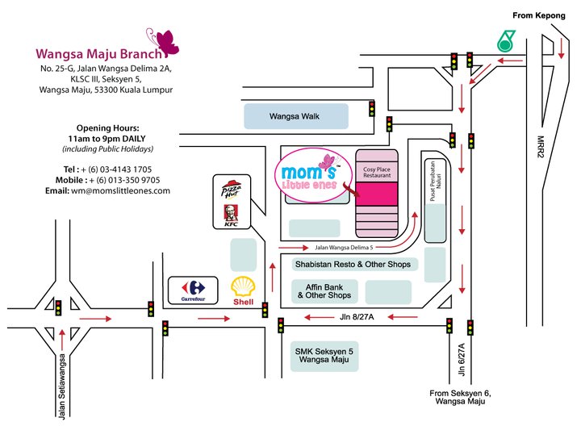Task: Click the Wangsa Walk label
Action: click(295, 117)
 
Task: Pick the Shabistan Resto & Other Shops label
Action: click(351, 264)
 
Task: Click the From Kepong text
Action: click(540, 15)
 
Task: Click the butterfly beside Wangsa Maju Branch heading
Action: click(167, 42)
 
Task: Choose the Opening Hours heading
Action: click(108, 128)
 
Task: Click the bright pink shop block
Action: click(377, 193)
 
